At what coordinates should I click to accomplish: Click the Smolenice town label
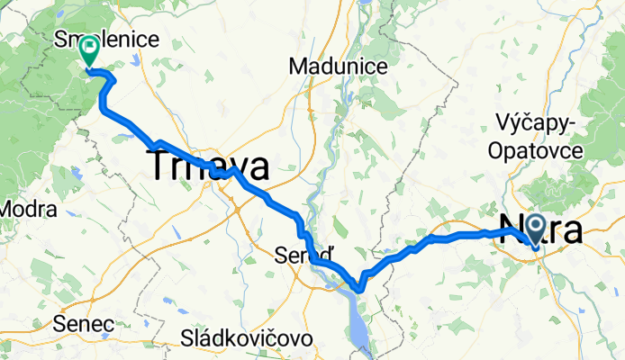point(106,39)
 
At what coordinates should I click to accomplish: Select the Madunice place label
point(339,66)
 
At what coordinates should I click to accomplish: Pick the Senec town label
point(83,322)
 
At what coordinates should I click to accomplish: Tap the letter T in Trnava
point(160,168)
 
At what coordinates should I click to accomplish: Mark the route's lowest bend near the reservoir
point(359,289)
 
